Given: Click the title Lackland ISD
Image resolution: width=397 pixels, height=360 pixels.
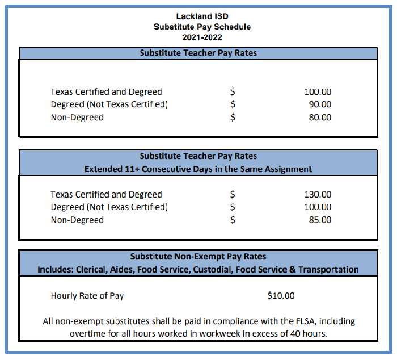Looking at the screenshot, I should (x=198, y=16).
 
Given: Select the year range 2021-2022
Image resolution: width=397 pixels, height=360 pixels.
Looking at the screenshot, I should (x=198, y=37).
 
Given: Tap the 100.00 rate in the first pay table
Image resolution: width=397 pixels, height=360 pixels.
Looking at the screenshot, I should (x=318, y=92).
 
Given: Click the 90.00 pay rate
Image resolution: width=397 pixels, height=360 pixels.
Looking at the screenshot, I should (x=320, y=104).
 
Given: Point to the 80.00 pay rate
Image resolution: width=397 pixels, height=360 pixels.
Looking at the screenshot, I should (x=320, y=118).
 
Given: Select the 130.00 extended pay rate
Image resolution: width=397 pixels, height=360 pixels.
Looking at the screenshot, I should (x=318, y=194).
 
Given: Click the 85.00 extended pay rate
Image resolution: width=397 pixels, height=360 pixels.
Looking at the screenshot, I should (x=320, y=220).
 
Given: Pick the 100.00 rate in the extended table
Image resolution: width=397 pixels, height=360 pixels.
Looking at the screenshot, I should (x=318, y=207).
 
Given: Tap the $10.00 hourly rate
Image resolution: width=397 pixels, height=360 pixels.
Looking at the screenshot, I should (x=281, y=296).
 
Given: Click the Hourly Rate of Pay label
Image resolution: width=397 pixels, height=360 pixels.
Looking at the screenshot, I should (x=87, y=296).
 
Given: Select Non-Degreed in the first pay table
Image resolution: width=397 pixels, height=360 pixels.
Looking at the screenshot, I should (x=77, y=118).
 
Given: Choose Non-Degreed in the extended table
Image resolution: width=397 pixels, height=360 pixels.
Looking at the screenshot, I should (x=77, y=220).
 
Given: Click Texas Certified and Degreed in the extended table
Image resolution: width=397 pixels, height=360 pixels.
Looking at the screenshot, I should (x=106, y=194).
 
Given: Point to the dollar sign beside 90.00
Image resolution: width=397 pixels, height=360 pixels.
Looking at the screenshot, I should (x=233, y=104).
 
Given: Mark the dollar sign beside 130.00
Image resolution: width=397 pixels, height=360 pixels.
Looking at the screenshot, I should (x=233, y=194).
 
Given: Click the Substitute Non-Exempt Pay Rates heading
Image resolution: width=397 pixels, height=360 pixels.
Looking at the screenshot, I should (x=198, y=257).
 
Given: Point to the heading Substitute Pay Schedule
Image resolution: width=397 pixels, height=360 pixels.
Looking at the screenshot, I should (x=201, y=27).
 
